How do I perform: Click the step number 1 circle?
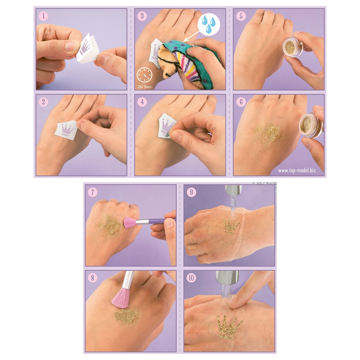click(x=43, y=16)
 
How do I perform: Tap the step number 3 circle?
click(x=142, y=16)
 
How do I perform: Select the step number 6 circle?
click(x=240, y=102)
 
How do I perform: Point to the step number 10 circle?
click(x=191, y=278)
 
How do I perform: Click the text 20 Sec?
click(x=144, y=86)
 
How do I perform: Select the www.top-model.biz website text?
click(x=297, y=170)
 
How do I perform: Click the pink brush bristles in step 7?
click(x=130, y=222)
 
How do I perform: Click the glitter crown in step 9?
click(x=231, y=226)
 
